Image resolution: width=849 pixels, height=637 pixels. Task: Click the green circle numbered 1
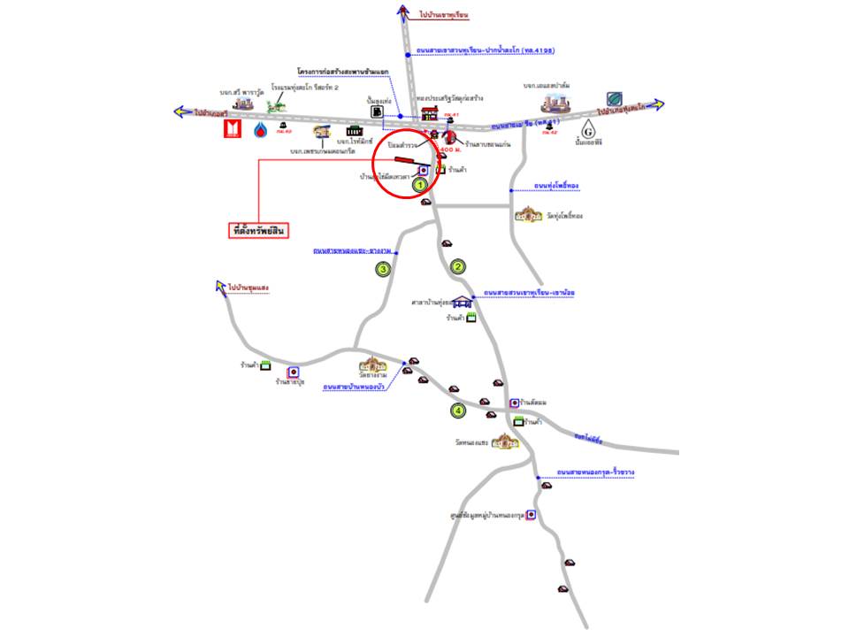tap(422, 184)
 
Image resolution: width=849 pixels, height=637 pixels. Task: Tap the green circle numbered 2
tap(458, 266)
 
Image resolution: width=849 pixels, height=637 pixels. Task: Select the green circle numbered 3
tap(383, 268)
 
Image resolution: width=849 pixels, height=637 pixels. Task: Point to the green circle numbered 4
tap(458, 411)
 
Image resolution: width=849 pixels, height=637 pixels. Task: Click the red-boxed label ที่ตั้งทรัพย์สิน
tap(259, 231)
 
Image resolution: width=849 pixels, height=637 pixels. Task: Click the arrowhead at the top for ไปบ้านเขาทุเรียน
tap(403, 12)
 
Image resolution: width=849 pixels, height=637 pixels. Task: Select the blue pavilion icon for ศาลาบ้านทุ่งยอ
tap(461, 301)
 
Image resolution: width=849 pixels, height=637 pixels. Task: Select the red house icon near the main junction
tap(430, 113)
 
